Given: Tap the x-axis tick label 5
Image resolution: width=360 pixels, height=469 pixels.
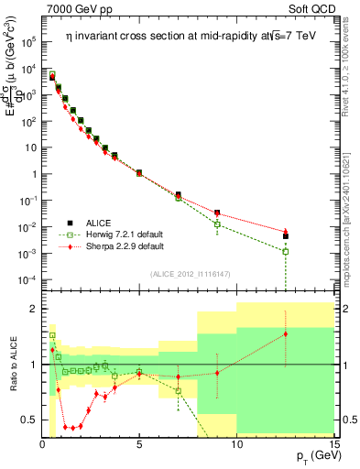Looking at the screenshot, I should tap(139, 444).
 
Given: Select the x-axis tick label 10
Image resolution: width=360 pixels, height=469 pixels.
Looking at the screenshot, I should tap(236, 444).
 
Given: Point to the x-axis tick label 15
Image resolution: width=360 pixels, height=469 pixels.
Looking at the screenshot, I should tap(333, 444).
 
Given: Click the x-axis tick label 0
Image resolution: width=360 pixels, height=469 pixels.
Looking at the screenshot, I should tap(43, 444).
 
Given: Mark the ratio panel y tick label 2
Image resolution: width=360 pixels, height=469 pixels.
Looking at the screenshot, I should tap(31, 309).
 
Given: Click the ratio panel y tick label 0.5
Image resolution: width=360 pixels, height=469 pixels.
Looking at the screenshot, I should tap(27, 420).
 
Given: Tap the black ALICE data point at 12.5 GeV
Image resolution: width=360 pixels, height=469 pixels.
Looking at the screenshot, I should tap(286, 236).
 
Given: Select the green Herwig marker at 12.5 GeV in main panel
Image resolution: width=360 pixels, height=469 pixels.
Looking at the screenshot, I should tap(286, 251).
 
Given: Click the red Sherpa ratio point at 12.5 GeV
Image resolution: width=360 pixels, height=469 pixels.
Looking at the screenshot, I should tap(286, 334).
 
